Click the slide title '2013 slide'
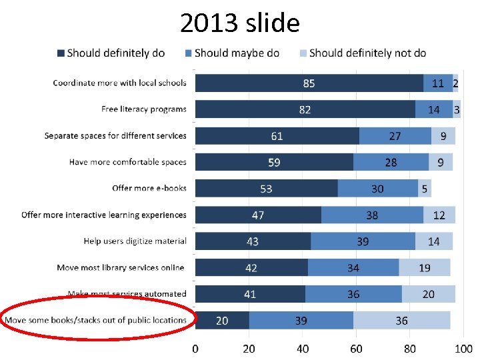tap(240, 23)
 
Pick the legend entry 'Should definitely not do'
tap(363, 53)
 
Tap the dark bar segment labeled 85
tap(309, 83)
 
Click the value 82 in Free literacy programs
tap(305, 109)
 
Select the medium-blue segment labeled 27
tap(395, 136)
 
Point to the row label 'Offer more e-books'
tap(149, 189)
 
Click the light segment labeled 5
tap(425, 189)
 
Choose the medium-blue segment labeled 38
tap(372, 215)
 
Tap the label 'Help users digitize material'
tap(135, 241)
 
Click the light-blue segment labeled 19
tap(425, 268)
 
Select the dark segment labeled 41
tap(250, 294)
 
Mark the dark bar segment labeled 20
tap(222, 321)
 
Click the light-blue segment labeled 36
tap(401, 321)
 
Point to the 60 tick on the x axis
tap(356, 348)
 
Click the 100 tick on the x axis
tap(463, 348)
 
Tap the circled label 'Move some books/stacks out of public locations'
tap(96, 321)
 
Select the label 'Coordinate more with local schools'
tap(120, 83)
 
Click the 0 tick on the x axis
tap(195, 348)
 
